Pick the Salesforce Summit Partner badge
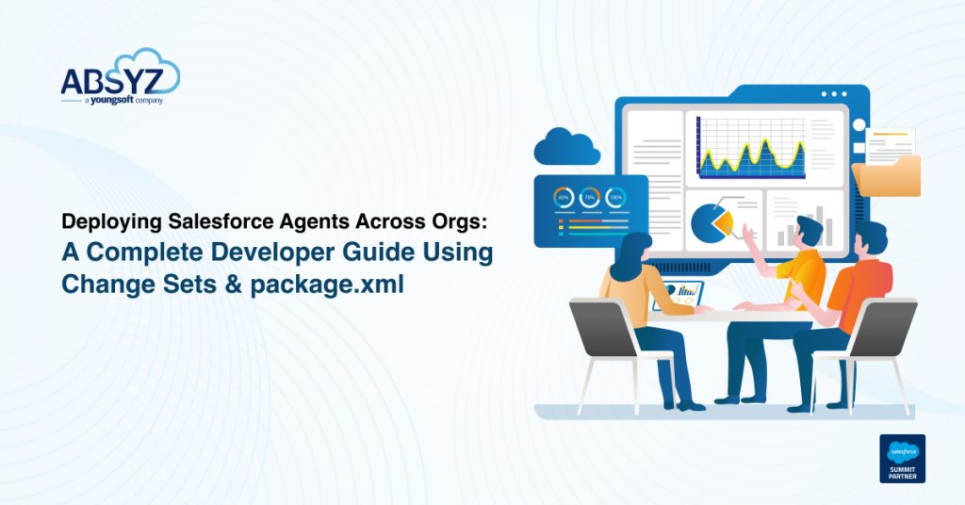pyautogui.click(x=902, y=458)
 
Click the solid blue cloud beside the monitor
pyautogui.click(x=566, y=148)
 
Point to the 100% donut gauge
pyautogui.click(x=615, y=198)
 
